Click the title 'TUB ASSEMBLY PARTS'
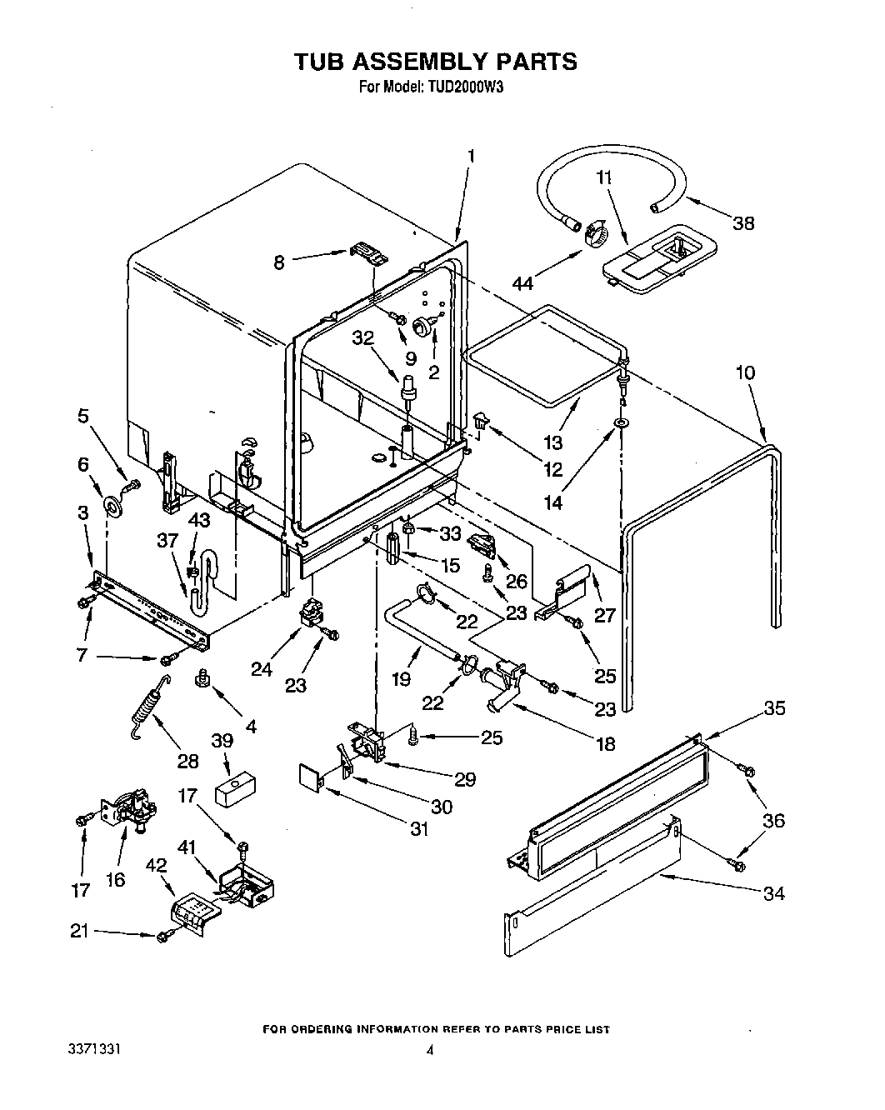coord(434,62)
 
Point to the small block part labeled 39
coord(236,789)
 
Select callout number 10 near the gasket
coord(745,372)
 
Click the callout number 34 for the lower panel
coord(773,893)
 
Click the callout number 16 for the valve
coord(116,879)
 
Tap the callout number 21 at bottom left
coord(78,932)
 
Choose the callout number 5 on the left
coord(82,415)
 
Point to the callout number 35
coord(774,708)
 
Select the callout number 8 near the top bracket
coord(279,262)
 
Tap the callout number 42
coord(156,866)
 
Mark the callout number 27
coord(604,615)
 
